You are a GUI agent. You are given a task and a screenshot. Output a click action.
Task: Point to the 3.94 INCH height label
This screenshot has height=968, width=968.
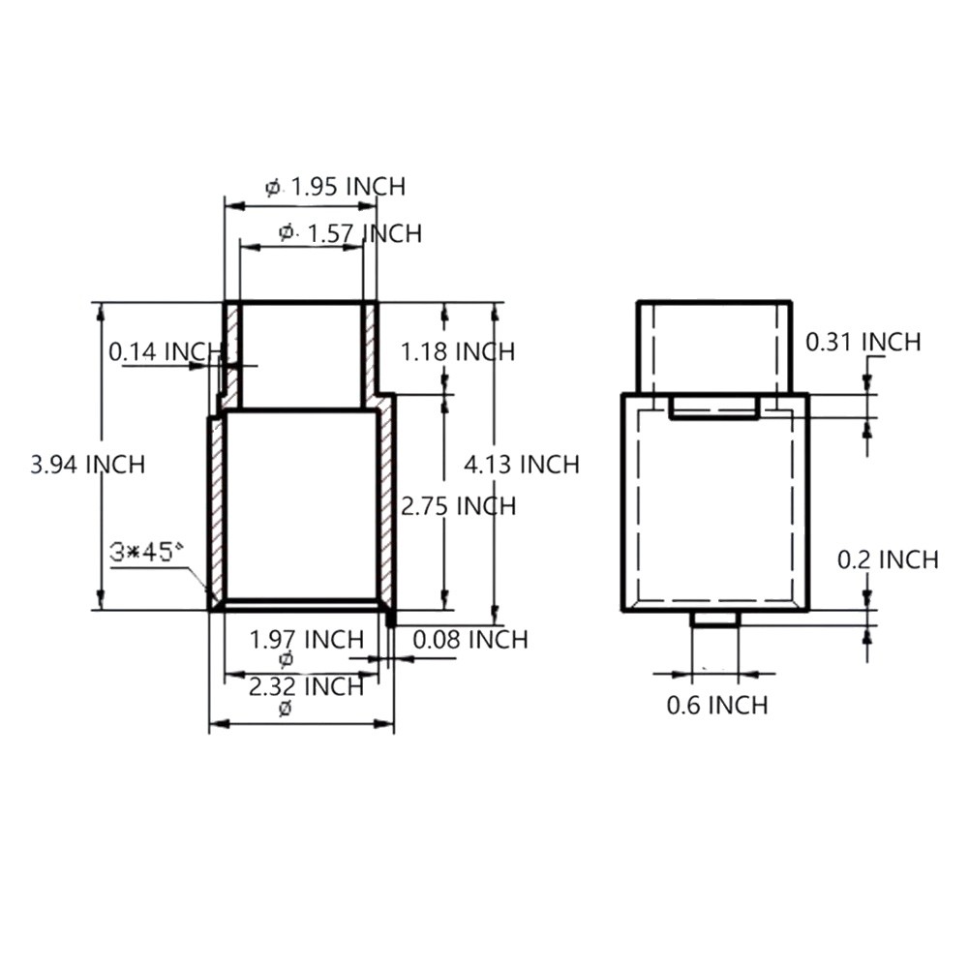pyautogui.click(x=87, y=465)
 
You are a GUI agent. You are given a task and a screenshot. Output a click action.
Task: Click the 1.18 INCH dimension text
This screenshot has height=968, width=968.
pyautogui.click(x=457, y=350)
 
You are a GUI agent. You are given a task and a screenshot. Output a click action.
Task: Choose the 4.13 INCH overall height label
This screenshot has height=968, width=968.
pyautogui.click(x=522, y=465)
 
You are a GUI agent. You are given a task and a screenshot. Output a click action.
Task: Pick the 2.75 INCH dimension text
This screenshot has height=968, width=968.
pyautogui.click(x=459, y=506)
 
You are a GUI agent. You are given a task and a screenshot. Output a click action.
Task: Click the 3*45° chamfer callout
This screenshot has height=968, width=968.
pyautogui.click(x=146, y=552)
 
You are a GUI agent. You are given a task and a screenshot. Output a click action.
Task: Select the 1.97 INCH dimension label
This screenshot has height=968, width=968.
pyautogui.click(x=306, y=640)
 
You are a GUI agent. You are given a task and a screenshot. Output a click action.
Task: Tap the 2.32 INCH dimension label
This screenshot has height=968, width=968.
pyautogui.click(x=306, y=687)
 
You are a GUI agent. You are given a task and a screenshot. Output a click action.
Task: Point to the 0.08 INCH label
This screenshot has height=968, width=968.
pyautogui.click(x=470, y=640)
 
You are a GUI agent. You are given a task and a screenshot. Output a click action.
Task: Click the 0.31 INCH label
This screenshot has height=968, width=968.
pyautogui.click(x=863, y=342)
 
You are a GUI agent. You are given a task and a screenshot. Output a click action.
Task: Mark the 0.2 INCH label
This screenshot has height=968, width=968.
pyautogui.click(x=888, y=560)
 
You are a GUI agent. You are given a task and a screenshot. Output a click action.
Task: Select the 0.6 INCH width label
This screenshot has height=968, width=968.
pyautogui.click(x=717, y=706)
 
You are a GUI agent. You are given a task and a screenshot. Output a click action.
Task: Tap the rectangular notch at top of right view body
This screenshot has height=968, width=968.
pyautogui.click(x=714, y=408)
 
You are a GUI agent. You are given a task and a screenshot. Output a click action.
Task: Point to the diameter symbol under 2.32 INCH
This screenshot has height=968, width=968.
pyautogui.click(x=285, y=709)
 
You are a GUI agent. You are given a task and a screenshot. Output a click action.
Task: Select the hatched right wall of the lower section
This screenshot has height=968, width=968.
pyautogui.click(x=386, y=503)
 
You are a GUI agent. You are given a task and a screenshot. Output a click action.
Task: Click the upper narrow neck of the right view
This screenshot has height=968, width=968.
pyautogui.click(x=714, y=347)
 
